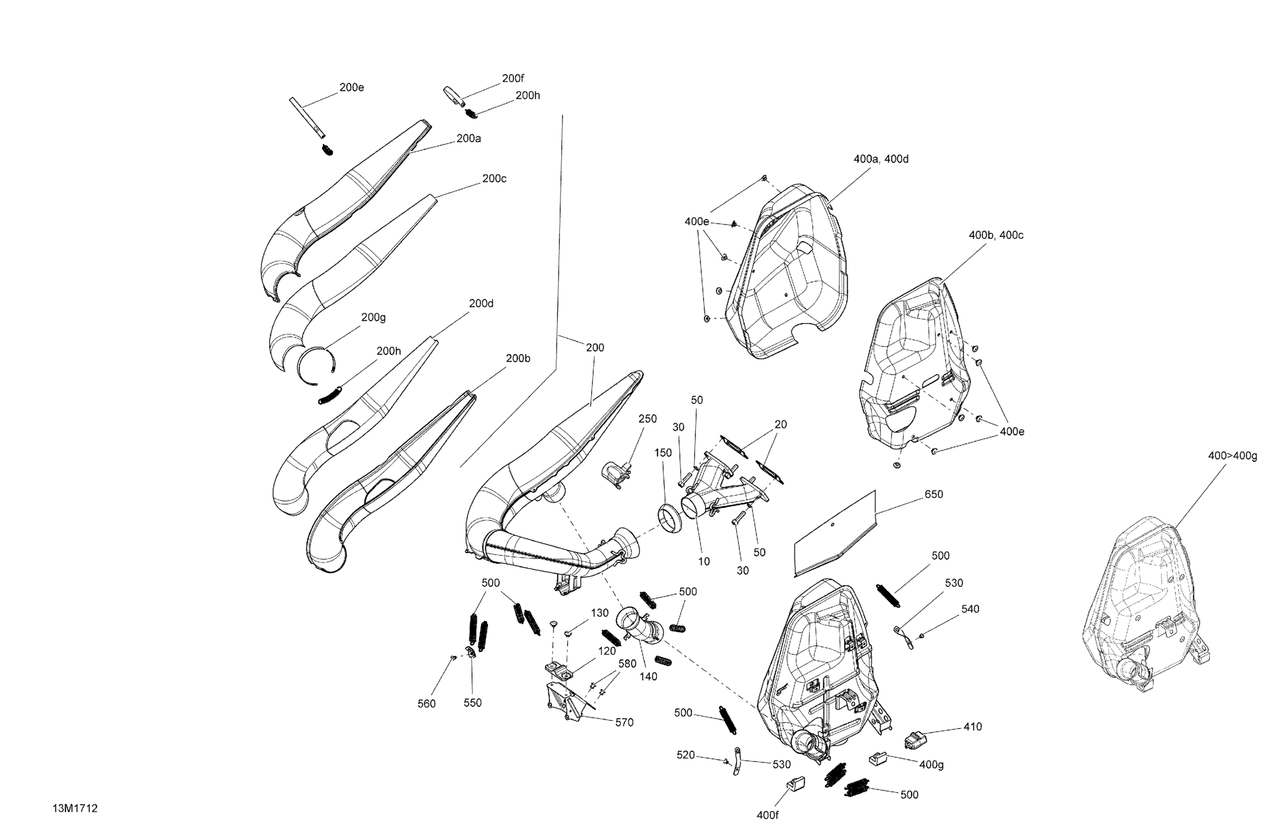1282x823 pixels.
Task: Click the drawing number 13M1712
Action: (75, 808)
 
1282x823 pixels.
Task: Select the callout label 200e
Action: (351, 88)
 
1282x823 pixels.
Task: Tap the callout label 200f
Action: (512, 78)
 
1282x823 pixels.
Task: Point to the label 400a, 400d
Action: (881, 159)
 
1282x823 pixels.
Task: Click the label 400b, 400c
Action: (995, 235)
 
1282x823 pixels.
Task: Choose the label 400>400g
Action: (1232, 456)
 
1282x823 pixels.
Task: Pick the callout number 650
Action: (933, 494)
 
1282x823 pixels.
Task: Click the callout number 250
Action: (647, 419)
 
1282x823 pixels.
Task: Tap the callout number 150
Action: (663, 453)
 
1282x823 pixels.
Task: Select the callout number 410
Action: (972, 727)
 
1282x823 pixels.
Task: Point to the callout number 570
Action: (624, 722)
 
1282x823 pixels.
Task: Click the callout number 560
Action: (426, 704)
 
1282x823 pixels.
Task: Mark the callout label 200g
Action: (373, 318)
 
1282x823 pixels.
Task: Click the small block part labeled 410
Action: (915, 740)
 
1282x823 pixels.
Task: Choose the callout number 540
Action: (970, 609)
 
